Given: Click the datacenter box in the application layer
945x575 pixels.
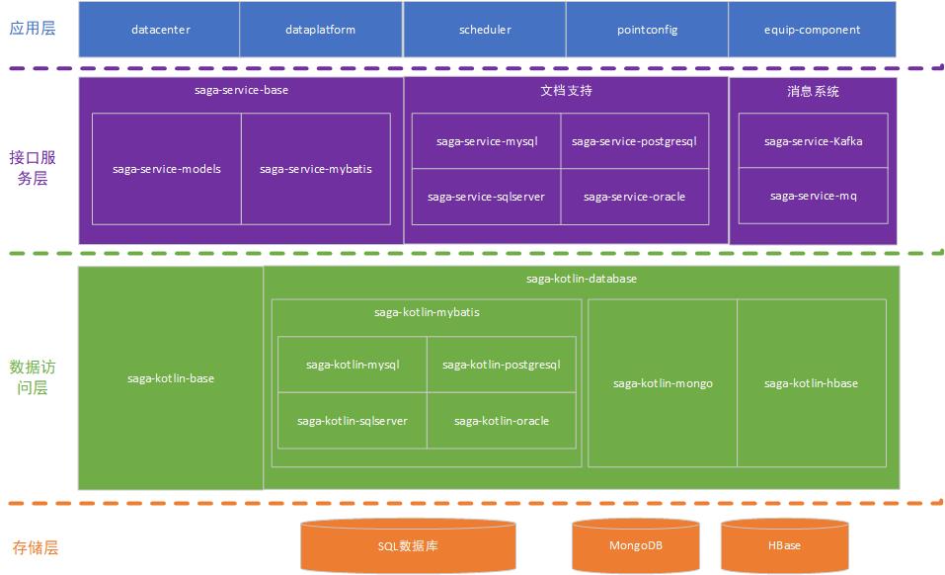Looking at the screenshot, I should point(160,30).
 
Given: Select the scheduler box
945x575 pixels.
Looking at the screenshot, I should point(485,30).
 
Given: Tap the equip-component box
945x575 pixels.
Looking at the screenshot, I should point(812,30).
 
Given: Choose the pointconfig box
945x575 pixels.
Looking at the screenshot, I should point(648,30).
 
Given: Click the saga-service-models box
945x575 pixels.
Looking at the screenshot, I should point(167,169).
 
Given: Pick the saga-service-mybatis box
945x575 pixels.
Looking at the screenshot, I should point(316,169).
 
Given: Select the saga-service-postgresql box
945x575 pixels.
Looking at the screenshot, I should point(634,141).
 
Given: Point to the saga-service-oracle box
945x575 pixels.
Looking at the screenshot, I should point(634,197).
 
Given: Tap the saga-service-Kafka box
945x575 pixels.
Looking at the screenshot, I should point(813,141).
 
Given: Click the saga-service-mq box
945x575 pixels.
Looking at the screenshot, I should point(813,196).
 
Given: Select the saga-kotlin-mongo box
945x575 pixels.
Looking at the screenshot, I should point(663,383).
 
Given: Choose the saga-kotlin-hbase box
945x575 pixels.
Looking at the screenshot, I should point(811,383).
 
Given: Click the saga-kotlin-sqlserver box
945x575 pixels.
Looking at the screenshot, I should point(353,421).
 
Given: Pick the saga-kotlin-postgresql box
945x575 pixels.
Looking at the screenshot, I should point(502,365).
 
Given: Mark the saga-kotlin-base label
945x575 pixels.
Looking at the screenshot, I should point(171,378).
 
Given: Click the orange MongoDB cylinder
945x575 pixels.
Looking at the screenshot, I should point(636,544).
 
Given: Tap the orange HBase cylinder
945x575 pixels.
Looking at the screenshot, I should point(784,544).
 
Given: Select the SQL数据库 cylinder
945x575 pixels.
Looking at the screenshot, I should point(408,544).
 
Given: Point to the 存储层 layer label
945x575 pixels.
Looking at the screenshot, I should point(35,546).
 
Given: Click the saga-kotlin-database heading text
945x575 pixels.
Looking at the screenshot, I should point(582,279).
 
